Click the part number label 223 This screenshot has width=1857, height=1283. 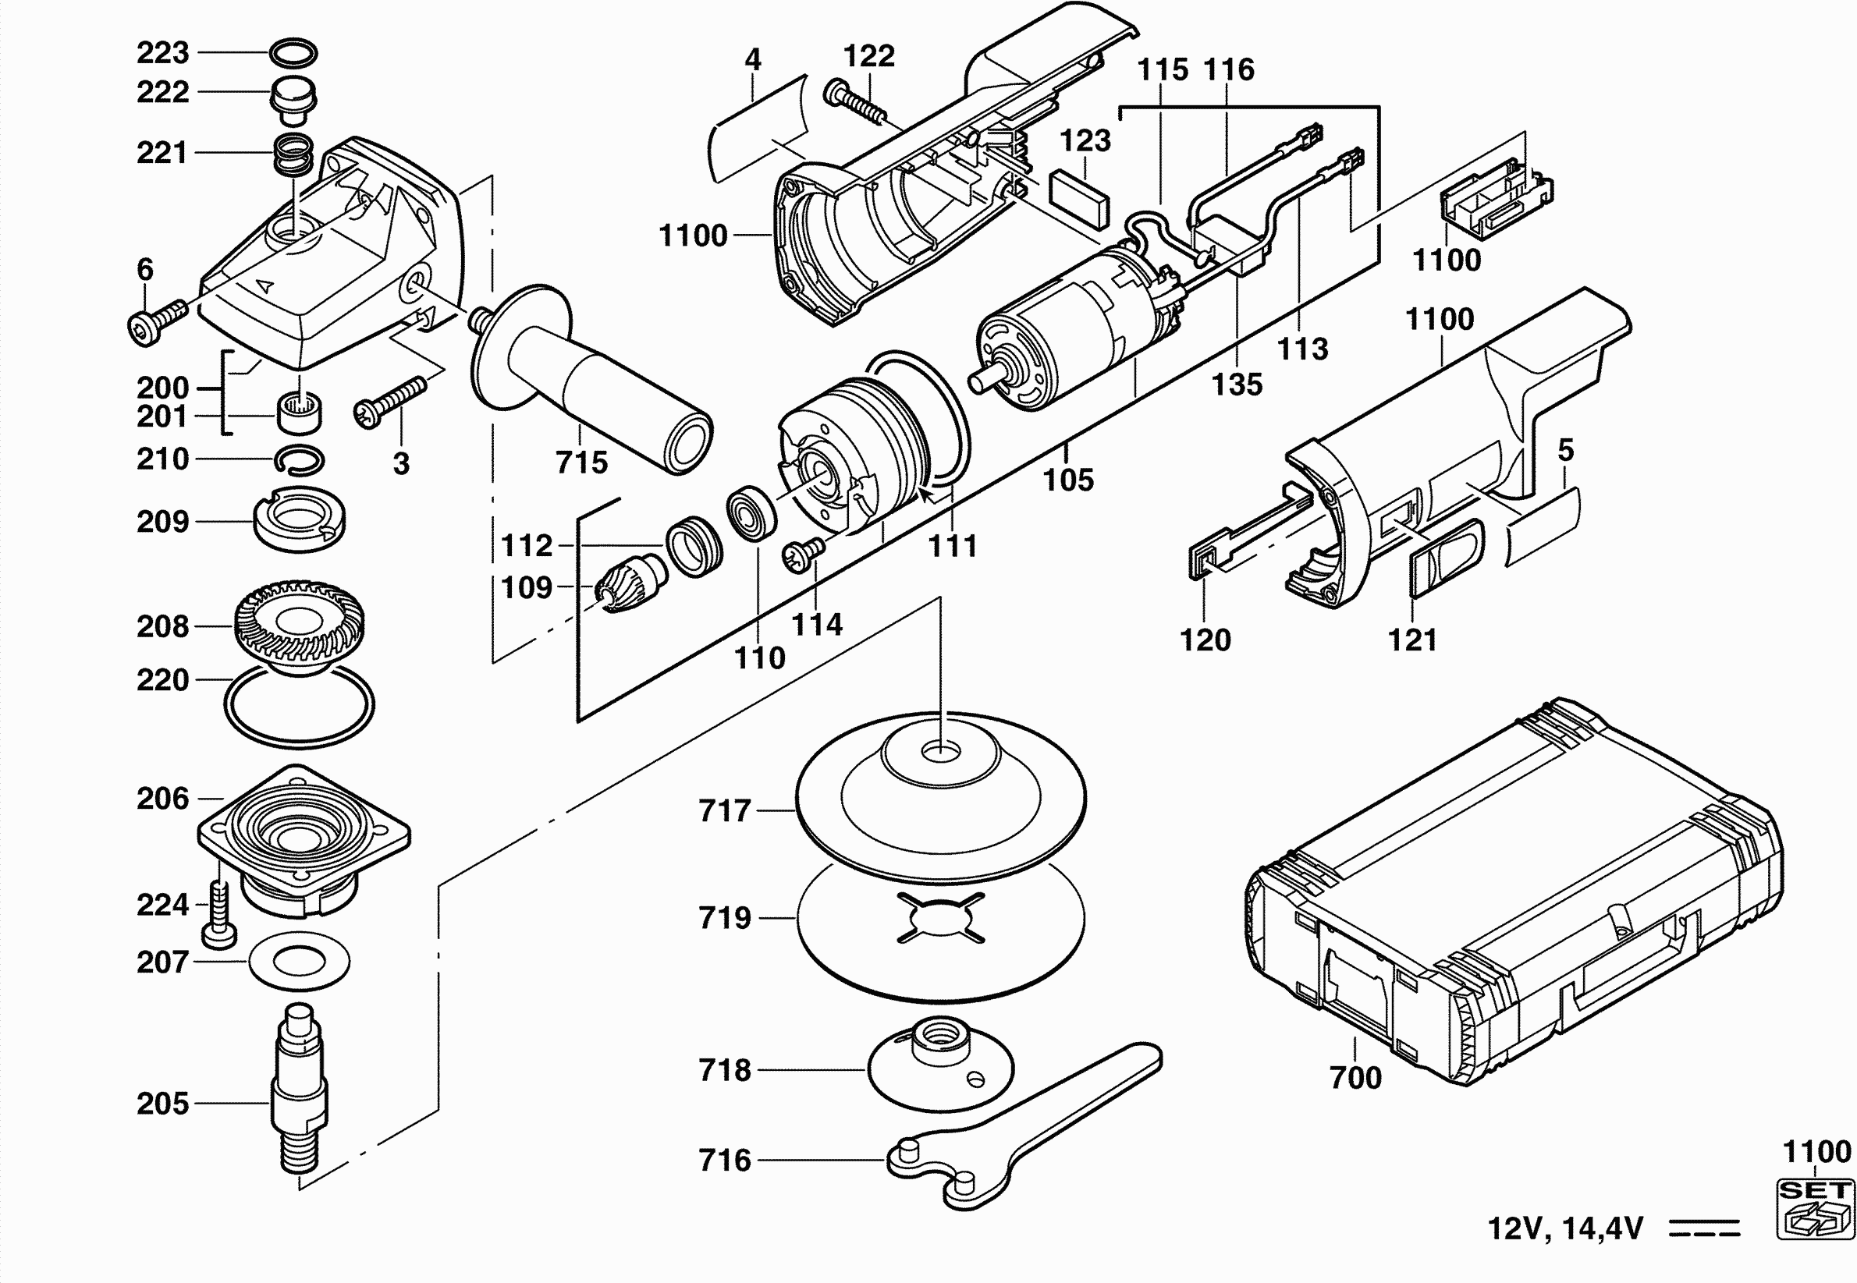(x=162, y=53)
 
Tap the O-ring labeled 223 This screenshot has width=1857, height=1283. (x=293, y=44)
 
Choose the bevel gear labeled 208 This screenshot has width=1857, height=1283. (x=299, y=627)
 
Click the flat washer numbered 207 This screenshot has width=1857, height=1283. (x=299, y=961)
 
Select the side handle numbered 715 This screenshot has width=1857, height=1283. (x=591, y=377)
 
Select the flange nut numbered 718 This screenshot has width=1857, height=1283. (x=940, y=1063)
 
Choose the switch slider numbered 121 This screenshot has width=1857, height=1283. (x=1446, y=558)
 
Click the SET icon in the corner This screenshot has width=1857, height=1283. (x=1815, y=1208)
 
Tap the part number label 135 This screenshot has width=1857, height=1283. (x=1237, y=385)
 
